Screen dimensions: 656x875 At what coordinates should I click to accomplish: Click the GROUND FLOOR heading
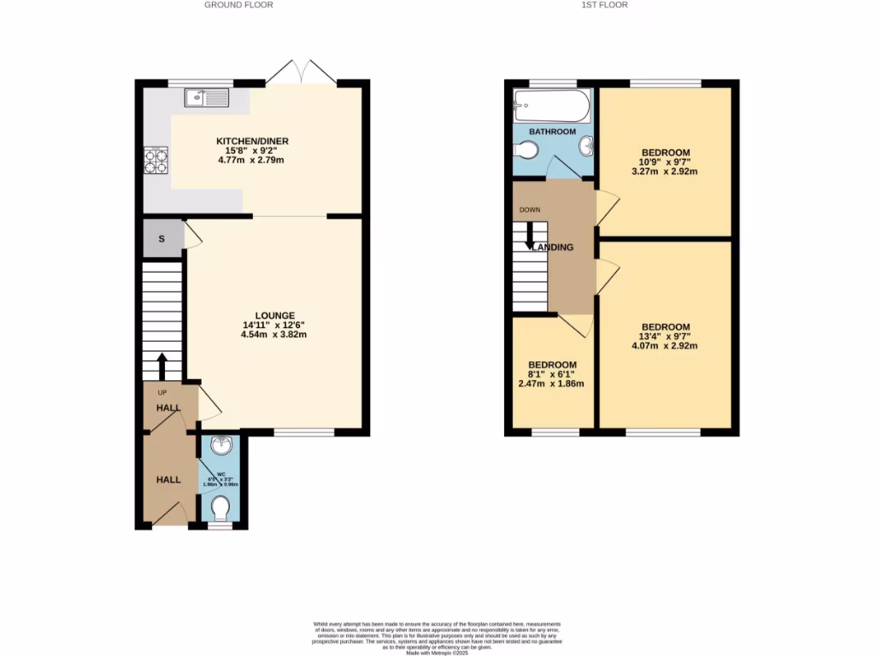(238, 5)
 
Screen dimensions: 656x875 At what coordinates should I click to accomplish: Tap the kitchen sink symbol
(205, 97)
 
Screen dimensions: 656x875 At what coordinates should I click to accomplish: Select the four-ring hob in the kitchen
(156, 161)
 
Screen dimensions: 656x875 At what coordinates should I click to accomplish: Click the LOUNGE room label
(273, 315)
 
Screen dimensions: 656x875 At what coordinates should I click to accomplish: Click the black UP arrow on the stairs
(161, 366)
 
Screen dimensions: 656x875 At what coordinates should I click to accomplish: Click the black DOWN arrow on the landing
(530, 234)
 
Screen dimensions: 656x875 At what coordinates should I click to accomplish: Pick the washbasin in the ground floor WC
(220, 445)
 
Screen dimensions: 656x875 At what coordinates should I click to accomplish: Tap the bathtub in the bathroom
(551, 106)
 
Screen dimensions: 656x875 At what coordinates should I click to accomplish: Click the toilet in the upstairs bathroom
(527, 151)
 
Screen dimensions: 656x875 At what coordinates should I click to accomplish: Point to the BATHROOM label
(552, 132)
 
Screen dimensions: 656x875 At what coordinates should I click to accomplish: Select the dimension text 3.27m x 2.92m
(665, 171)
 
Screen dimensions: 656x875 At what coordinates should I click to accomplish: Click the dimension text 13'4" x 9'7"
(665, 337)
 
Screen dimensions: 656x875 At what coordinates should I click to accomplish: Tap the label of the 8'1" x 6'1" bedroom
(551, 365)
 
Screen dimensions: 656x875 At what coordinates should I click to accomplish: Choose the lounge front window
(303, 432)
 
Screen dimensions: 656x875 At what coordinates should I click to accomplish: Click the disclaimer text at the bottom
(437, 637)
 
